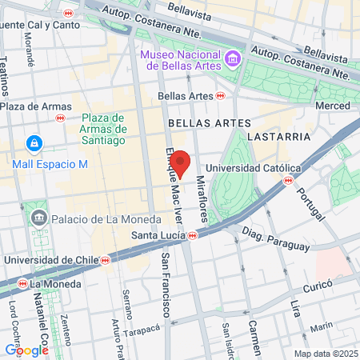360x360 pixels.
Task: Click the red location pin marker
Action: pyautogui.click(x=180, y=162)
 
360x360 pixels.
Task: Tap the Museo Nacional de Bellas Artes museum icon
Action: pyautogui.click(x=233, y=58)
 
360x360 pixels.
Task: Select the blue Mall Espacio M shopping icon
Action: pyautogui.click(x=34, y=144)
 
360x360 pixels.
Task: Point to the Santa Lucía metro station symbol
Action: pyautogui.click(x=193, y=235)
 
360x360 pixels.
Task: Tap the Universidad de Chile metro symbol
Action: pyautogui.click(x=105, y=260)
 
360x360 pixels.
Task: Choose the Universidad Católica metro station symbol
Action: pyautogui.click(x=287, y=180)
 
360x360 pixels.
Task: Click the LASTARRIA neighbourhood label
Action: pyautogui.click(x=278, y=137)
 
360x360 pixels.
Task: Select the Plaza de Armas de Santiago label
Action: pyautogui.click(x=104, y=129)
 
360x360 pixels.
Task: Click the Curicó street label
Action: pyautogui.click(x=318, y=286)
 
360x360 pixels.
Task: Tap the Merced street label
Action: pyautogui.click(x=333, y=106)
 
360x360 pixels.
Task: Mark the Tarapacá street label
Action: pyautogui.click(x=147, y=331)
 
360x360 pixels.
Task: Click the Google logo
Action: pyautogui.click(x=26, y=350)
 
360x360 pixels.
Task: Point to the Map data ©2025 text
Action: pyautogui.click(x=325, y=354)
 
